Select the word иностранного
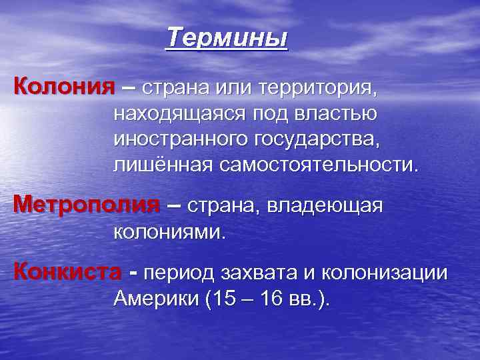coord(181,139)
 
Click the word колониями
coord(171,233)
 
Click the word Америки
coord(156,299)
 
